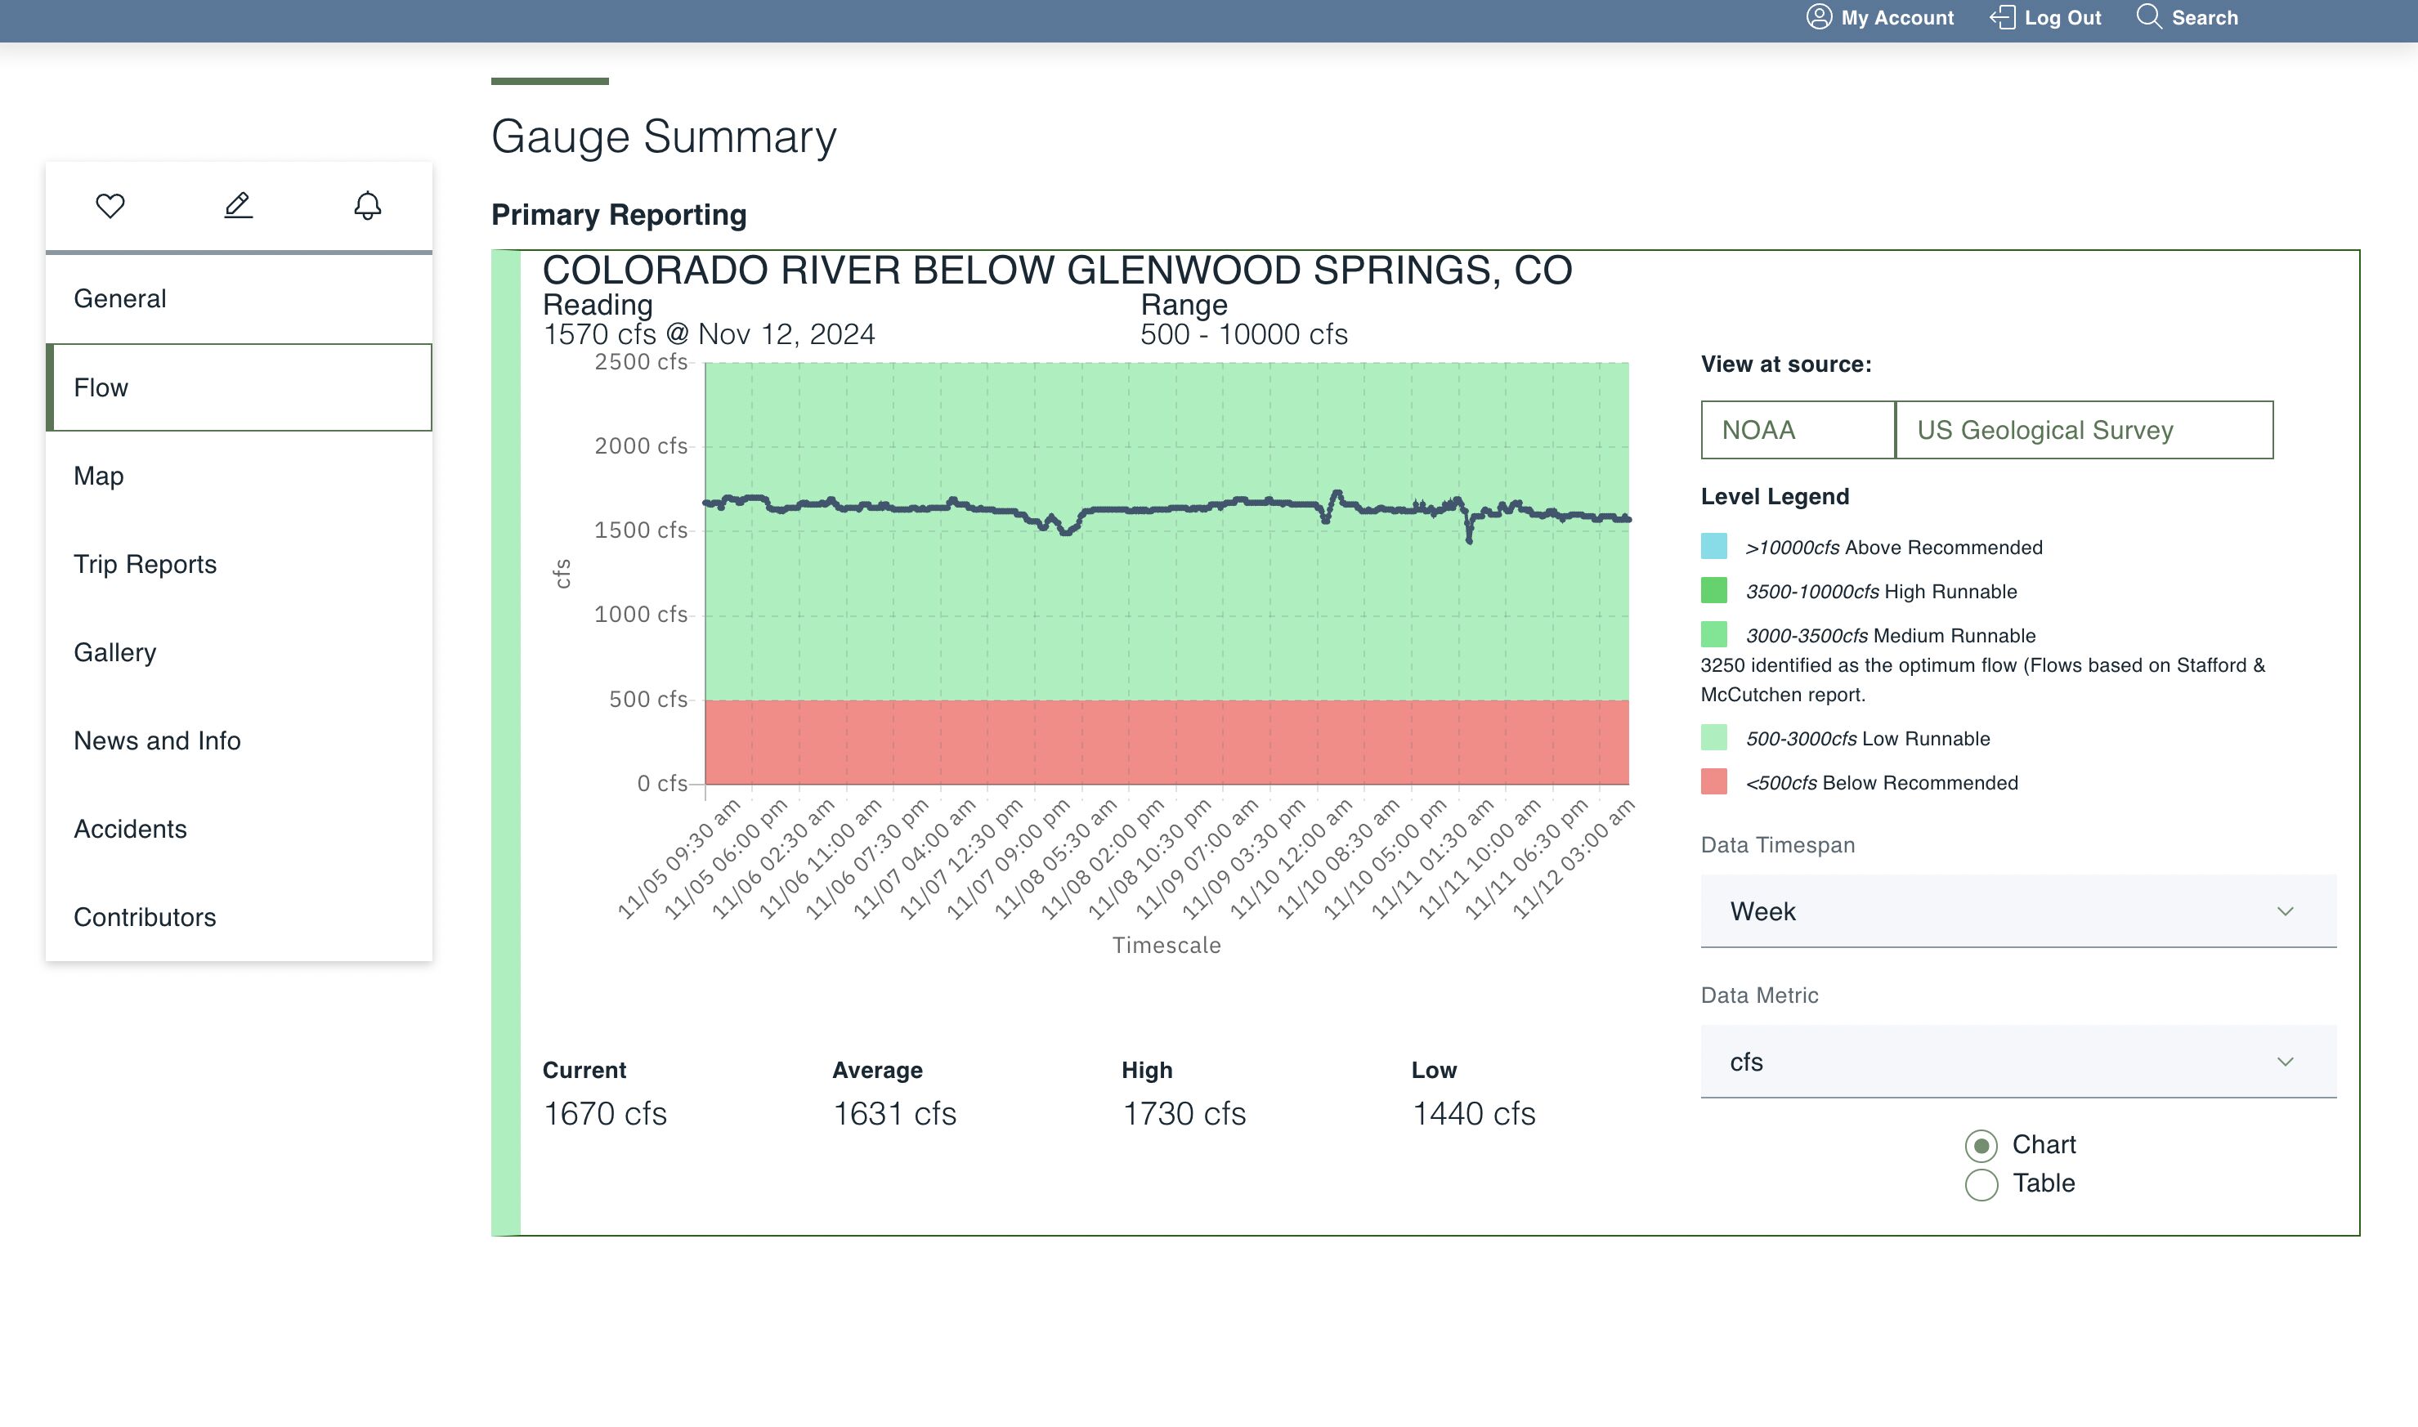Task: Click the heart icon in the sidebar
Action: tap(110, 206)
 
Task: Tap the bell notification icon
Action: tap(367, 206)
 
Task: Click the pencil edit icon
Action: tap(239, 205)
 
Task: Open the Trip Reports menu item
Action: tap(146, 565)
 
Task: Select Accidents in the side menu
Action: tap(130, 829)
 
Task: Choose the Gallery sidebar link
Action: tap(114, 653)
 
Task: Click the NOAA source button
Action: tap(1797, 430)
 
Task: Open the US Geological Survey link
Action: tap(2084, 430)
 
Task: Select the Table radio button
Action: tap(1981, 1183)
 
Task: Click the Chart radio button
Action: tap(1981, 1145)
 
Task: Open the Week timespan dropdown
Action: tap(2018, 910)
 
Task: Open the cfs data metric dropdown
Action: tap(2018, 1062)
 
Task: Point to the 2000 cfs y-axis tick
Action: tap(641, 446)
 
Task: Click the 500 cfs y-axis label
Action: tap(647, 699)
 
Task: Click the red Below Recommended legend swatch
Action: tap(1713, 782)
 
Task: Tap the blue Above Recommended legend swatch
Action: tap(1713, 546)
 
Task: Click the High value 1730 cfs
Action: tap(1183, 1113)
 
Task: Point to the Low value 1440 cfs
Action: tap(1472, 1113)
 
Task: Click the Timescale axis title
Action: tap(1166, 946)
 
